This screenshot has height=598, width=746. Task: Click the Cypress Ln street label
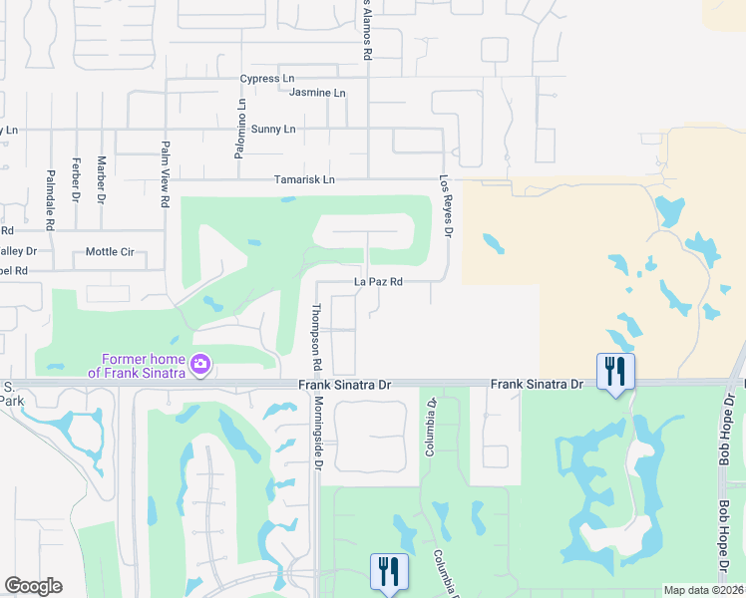click(267, 79)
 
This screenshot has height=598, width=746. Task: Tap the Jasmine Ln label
click(317, 93)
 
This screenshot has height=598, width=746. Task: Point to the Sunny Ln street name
click(273, 130)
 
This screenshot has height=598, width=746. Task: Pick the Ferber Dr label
click(76, 178)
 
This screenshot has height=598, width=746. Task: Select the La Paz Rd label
click(378, 282)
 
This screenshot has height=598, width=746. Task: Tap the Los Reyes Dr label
click(447, 207)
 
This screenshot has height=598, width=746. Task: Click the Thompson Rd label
click(317, 332)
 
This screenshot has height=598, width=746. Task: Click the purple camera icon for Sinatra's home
click(200, 364)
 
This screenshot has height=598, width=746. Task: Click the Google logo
click(33, 586)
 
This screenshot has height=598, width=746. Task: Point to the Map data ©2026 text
click(704, 590)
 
